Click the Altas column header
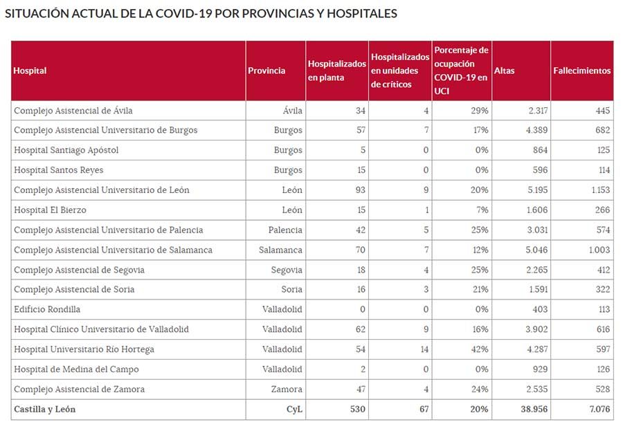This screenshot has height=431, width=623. (505, 71)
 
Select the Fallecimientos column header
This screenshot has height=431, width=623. (582, 71)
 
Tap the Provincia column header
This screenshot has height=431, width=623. (267, 71)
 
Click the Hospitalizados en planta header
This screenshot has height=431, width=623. (336, 71)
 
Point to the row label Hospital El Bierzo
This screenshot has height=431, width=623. (51, 210)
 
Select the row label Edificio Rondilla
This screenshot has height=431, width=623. (47, 309)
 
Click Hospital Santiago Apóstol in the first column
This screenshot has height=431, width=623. (66, 150)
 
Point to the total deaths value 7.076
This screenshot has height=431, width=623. (599, 409)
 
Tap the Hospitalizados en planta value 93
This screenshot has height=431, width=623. (359, 190)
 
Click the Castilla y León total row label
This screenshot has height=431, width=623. (45, 409)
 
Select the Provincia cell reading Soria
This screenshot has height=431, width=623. (291, 289)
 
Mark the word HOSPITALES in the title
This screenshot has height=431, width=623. (357, 14)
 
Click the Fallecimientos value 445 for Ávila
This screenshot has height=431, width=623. (602, 111)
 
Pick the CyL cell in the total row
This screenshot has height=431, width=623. (294, 409)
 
